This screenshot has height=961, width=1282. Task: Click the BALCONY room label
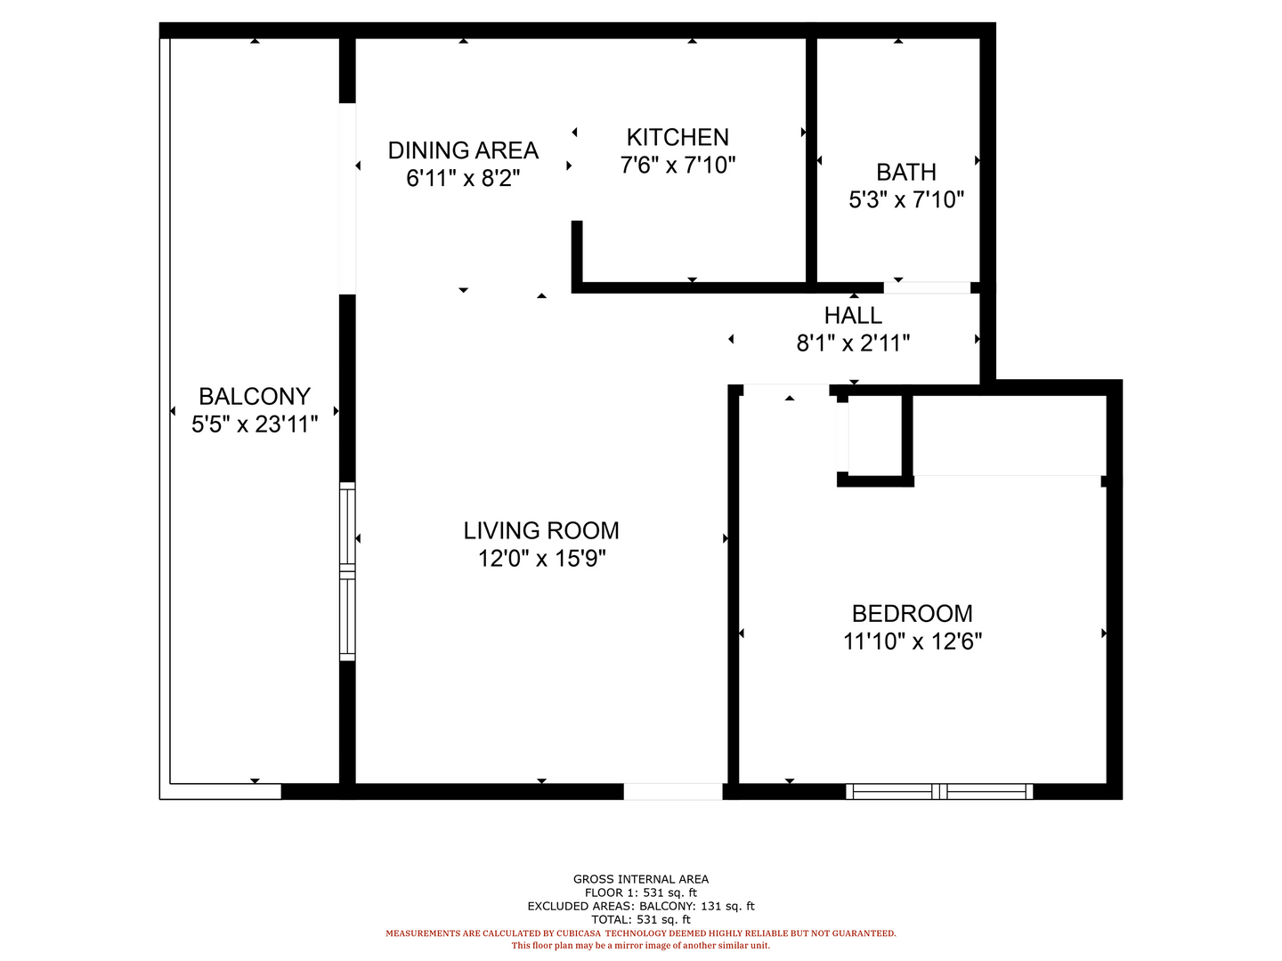(254, 397)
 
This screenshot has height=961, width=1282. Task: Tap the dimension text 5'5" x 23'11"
(255, 424)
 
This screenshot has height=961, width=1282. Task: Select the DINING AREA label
(463, 150)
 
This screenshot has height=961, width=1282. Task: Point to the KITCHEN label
(678, 138)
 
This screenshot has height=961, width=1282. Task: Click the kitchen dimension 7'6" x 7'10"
(678, 166)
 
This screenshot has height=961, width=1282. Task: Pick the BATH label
(906, 172)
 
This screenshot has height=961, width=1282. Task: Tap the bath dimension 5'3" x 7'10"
(906, 199)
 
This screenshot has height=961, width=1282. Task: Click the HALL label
(853, 316)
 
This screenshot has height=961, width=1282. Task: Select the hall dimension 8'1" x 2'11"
(853, 343)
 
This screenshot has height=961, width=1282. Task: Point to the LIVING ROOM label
(541, 531)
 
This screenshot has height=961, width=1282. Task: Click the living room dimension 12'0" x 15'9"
(541, 559)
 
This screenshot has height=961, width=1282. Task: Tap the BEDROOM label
(913, 614)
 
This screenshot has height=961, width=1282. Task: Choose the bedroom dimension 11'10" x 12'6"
(913, 642)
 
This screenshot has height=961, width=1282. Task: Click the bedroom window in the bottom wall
(939, 791)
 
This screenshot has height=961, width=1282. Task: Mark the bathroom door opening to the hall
(927, 287)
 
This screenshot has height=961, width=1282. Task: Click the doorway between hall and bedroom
(786, 390)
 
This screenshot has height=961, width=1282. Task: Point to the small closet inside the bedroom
(875, 436)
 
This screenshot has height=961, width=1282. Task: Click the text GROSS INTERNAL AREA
(641, 879)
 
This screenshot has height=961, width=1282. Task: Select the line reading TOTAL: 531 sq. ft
(641, 919)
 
